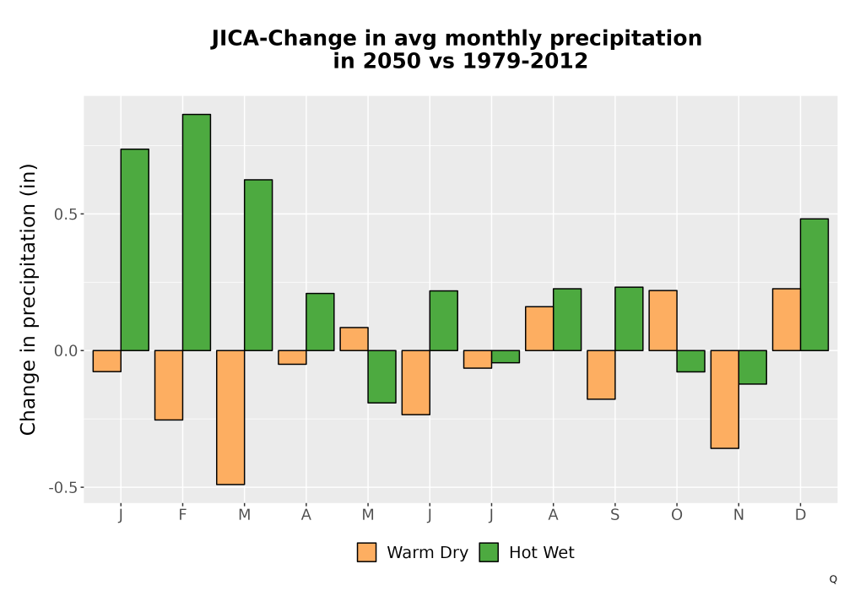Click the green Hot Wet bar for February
click(197, 232)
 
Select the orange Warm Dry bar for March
click(230, 417)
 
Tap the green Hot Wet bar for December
click(814, 285)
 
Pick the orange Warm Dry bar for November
click(724, 399)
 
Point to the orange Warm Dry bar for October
click(663, 320)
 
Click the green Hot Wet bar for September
click(629, 318)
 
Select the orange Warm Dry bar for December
click(787, 319)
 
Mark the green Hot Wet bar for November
click(753, 367)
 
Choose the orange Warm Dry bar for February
click(169, 385)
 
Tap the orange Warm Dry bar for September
click(601, 375)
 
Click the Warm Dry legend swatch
click(366, 552)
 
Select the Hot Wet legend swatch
click(489, 552)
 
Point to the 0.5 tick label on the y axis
click(65, 214)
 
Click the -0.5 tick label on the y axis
click(63, 488)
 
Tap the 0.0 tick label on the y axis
click(65, 351)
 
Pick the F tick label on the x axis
click(182, 515)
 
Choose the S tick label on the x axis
click(614, 515)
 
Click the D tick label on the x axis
click(800, 515)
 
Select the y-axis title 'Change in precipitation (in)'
click(28, 299)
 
